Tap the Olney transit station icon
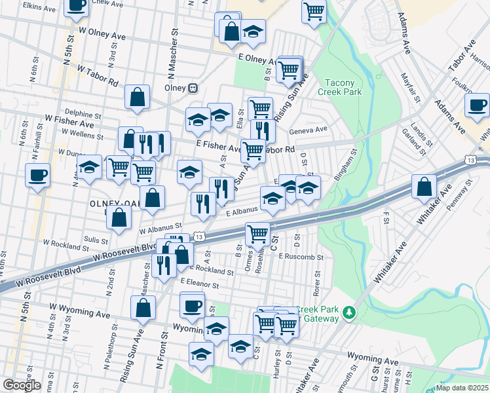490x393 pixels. [x=193, y=88]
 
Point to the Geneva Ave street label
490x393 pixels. [x=308, y=130]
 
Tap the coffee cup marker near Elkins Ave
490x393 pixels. [x=76, y=5]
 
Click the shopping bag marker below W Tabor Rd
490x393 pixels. [x=138, y=98]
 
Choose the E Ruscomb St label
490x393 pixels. [x=301, y=257]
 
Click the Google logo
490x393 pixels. [x=22, y=385]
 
